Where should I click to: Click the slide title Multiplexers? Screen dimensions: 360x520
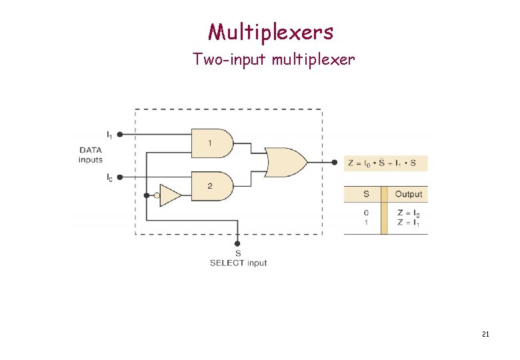click(270, 31)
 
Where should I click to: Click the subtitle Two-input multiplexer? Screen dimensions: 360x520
click(273, 60)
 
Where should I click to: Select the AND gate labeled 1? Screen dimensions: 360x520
click(211, 143)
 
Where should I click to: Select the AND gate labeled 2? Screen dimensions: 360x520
click(211, 186)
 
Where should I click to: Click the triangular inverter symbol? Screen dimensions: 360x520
click(170, 195)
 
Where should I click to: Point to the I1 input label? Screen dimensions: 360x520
click(109, 134)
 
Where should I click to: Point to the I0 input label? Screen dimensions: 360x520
click(109, 177)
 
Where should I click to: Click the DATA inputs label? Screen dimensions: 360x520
click(91, 155)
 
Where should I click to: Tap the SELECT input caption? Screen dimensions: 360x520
click(238, 263)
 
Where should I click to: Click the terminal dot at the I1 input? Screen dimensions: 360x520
click(120, 134)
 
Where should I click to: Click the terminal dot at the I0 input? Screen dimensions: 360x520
click(120, 177)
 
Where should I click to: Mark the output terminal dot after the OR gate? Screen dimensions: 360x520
click(334, 161)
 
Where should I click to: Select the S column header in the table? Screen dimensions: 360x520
click(366, 194)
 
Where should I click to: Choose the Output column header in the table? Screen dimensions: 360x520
click(408, 194)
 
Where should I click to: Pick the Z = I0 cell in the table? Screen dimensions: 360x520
click(408, 213)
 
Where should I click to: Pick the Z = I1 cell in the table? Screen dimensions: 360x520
click(408, 223)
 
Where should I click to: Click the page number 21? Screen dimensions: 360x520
click(485, 334)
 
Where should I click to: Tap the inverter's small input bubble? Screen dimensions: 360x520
click(157, 195)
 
